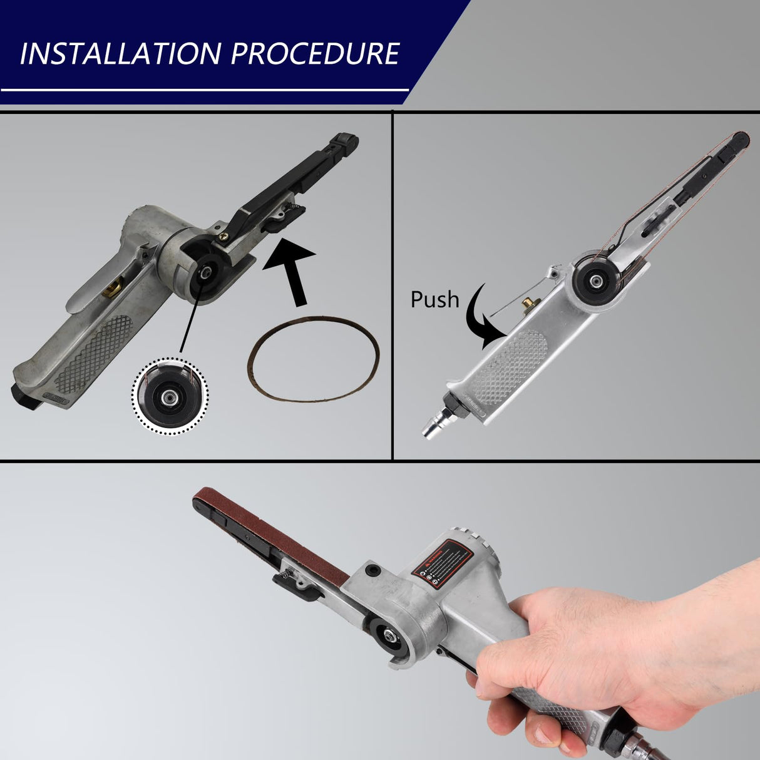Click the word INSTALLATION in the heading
120,54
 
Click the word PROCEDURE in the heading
315,54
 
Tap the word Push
434,300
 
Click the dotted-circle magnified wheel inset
170,395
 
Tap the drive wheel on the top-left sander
203,274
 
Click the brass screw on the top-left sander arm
223,237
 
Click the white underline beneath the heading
204,90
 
